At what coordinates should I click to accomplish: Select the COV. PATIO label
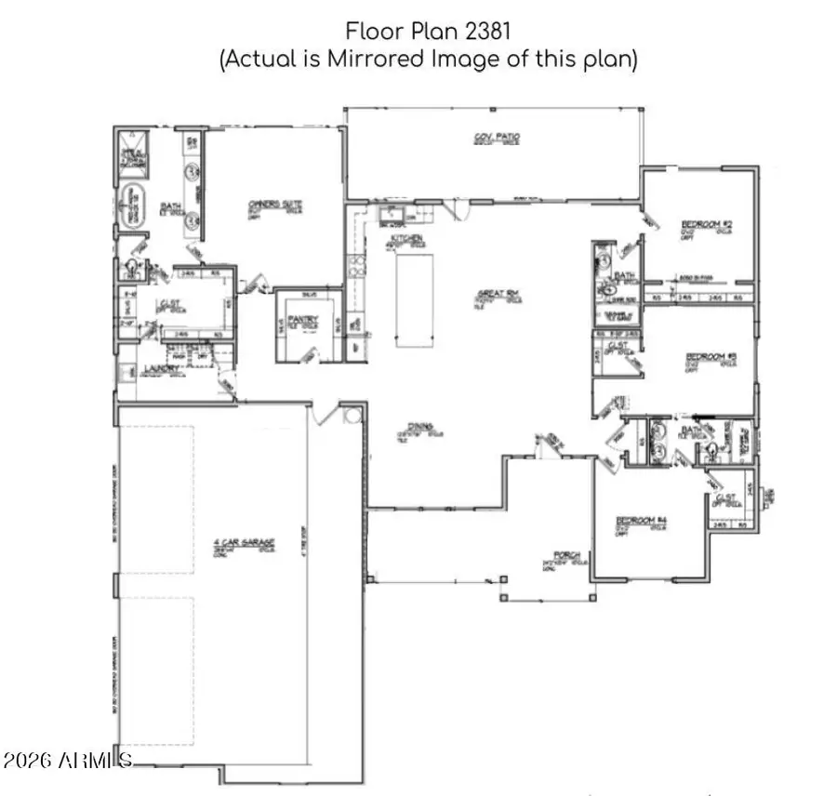(x=497, y=138)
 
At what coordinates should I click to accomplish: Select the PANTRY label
(x=303, y=319)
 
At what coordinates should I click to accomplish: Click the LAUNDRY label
(x=156, y=370)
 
